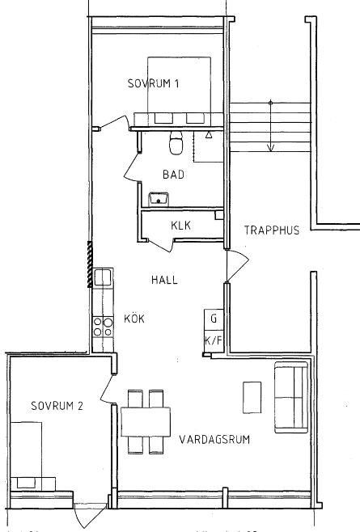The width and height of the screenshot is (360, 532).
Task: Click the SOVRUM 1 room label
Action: (x=153, y=83)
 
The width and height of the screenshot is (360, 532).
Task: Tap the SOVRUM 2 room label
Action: (x=57, y=406)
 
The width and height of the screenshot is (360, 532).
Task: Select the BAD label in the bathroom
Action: (x=173, y=175)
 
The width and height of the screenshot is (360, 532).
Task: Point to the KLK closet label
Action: (x=180, y=226)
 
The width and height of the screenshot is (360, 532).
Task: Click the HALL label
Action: (x=164, y=280)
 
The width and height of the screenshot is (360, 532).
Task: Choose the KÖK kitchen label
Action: (x=134, y=319)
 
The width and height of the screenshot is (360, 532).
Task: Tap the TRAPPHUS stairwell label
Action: (x=272, y=230)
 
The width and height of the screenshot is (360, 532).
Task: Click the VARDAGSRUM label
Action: (x=214, y=440)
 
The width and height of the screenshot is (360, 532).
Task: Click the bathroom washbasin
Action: (x=159, y=199)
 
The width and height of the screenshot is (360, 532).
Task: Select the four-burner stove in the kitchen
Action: (x=103, y=327)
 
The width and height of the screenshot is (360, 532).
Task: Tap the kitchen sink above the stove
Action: (x=103, y=277)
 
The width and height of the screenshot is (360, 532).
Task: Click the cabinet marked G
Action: (x=214, y=319)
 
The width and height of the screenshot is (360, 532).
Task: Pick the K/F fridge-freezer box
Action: (x=214, y=341)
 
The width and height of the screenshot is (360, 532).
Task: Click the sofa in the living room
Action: (x=291, y=397)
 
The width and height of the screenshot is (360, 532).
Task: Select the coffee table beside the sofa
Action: (x=252, y=397)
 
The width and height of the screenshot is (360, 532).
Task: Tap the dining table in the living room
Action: (x=146, y=422)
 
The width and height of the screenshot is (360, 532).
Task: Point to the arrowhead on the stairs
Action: (x=271, y=148)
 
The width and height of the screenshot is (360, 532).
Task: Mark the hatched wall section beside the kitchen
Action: (x=90, y=264)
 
